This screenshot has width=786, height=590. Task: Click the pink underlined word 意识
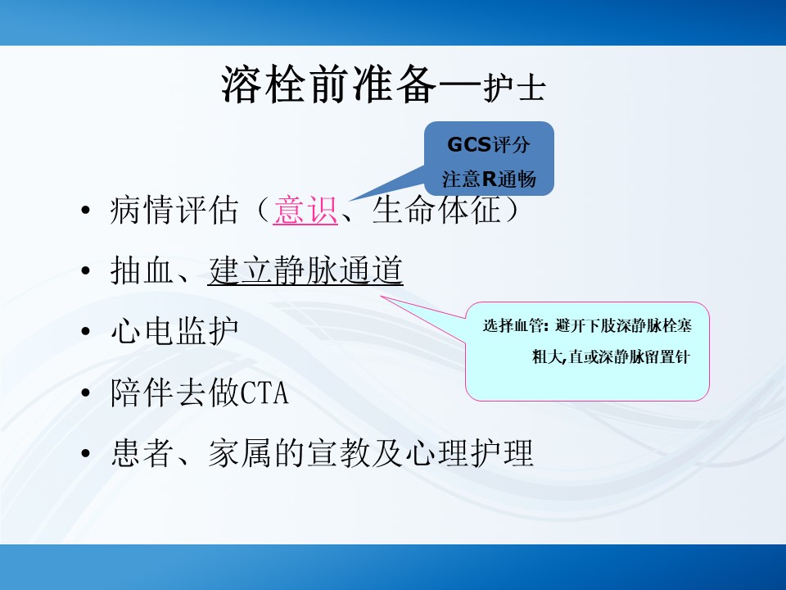point(305,210)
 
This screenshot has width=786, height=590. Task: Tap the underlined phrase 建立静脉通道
point(305,270)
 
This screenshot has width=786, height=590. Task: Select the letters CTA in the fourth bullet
point(264,393)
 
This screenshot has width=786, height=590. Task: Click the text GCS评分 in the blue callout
point(489,144)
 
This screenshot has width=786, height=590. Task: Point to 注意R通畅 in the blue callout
point(489,179)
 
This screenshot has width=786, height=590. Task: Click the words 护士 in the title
point(515,88)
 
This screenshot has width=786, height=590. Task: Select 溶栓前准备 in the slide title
point(329,84)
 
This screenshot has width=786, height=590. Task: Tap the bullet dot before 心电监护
point(86,332)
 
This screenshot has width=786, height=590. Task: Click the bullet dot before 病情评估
point(86,210)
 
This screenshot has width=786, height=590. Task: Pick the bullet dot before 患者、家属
point(86,453)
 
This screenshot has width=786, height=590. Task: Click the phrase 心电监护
point(174,332)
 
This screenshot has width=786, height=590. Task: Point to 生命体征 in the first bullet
point(436,210)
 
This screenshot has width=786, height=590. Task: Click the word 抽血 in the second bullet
point(142,270)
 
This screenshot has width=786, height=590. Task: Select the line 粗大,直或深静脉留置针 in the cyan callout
point(611,356)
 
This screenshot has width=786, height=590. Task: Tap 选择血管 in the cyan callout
point(513,325)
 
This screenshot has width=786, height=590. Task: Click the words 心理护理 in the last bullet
point(469,453)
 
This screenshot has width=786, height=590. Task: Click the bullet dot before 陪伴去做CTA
point(86,393)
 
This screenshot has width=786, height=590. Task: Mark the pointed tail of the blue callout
point(349,202)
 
